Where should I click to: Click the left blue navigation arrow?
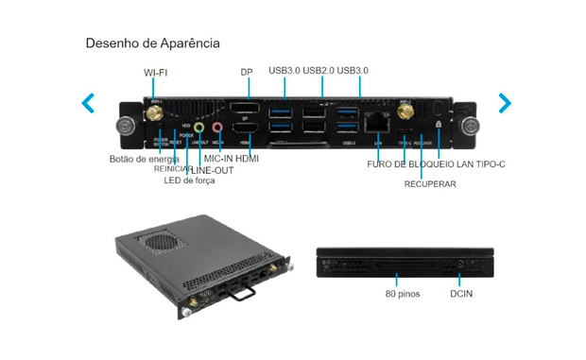88,102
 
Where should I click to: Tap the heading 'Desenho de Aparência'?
153,43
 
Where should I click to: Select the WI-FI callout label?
157,72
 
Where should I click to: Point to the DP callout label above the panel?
247,72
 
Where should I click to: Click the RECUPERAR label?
430,184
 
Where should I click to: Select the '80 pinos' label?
404,294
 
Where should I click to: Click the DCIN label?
461,294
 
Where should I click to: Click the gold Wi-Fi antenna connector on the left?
151,112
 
